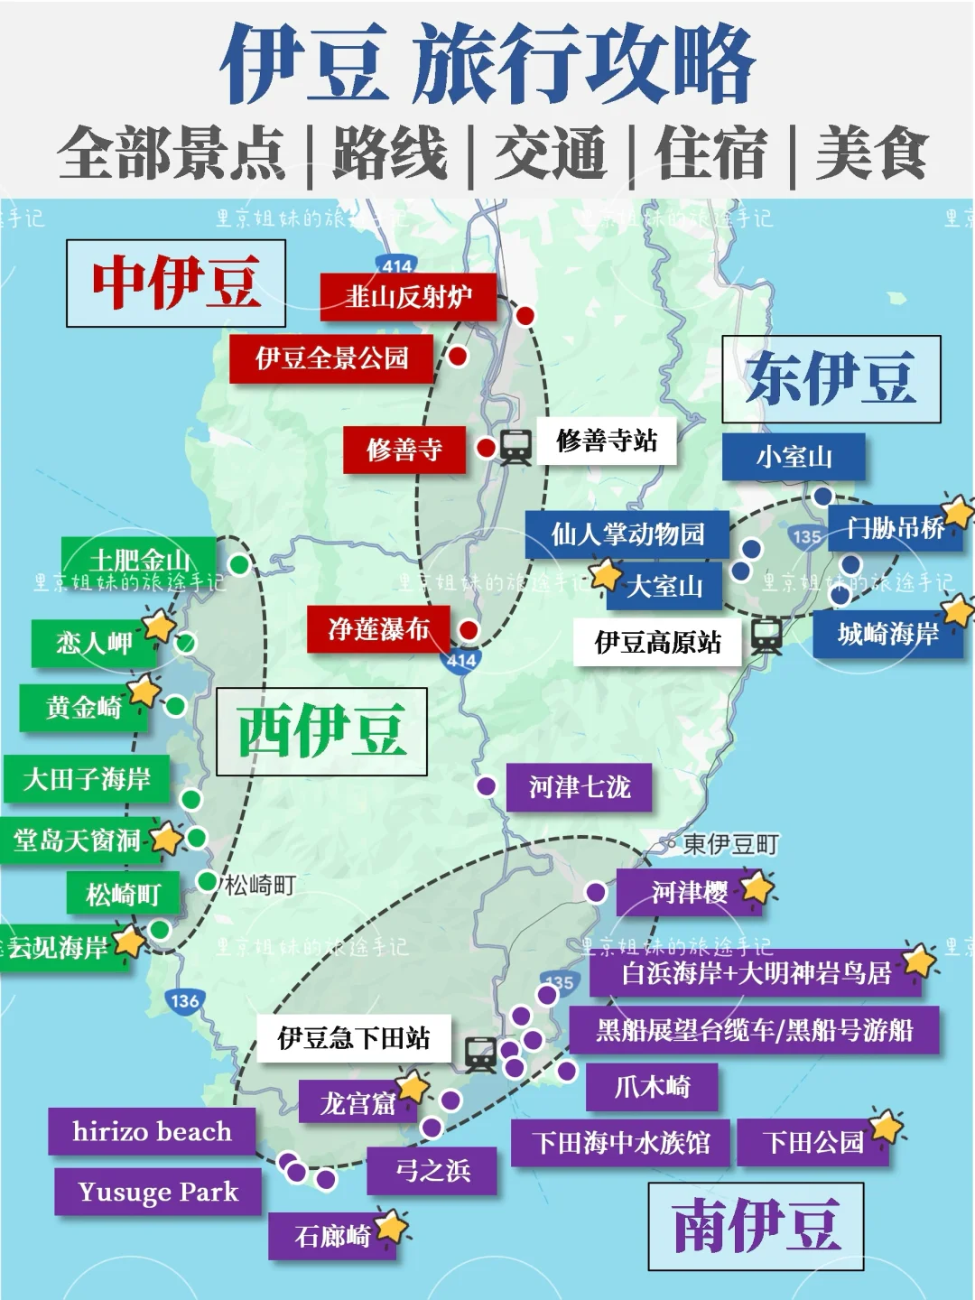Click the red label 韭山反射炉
(408, 297)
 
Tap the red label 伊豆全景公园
(331, 358)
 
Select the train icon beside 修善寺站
(515, 446)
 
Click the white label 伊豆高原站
(657, 643)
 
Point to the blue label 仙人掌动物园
(627, 534)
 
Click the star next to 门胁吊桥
(958, 512)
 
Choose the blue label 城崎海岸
(887, 634)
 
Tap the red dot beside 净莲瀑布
(468, 630)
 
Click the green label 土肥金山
(139, 560)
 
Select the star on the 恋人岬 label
(160, 624)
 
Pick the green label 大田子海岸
(87, 779)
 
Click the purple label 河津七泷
(579, 787)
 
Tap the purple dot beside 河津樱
(596, 892)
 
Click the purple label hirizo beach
(152, 1131)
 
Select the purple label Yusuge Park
(158, 1192)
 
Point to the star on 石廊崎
(392, 1227)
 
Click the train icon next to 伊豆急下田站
(480, 1054)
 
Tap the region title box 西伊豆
(321, 731)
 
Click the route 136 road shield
(184, 1000)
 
